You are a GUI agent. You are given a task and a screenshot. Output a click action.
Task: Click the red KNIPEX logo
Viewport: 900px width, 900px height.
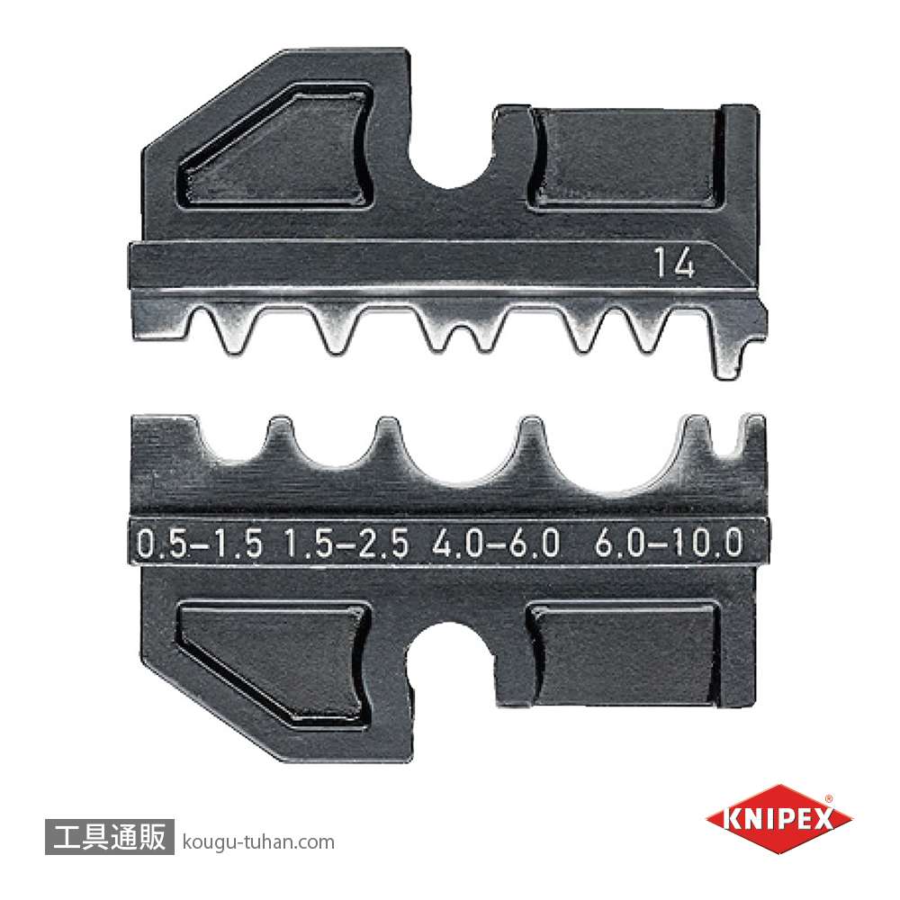click(778, 819)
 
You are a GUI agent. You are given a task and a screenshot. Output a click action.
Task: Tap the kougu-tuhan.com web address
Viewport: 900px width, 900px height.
click(257, 842)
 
